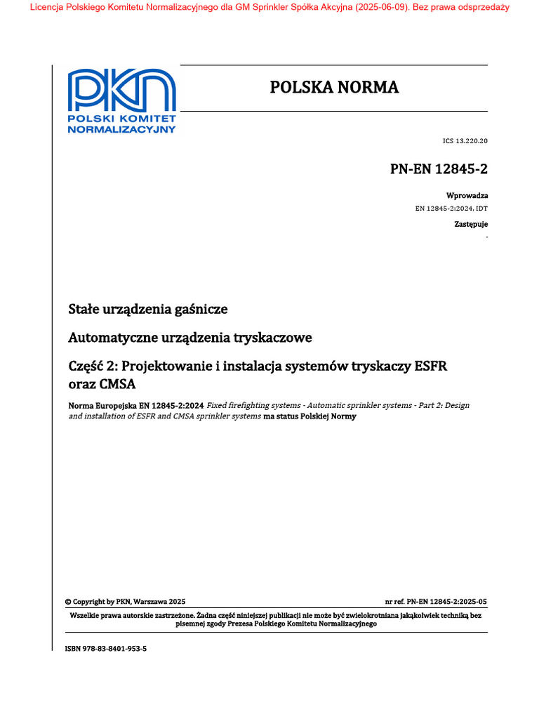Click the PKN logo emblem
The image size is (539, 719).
coord(121,91)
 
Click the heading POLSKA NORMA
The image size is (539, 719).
coord(334,87)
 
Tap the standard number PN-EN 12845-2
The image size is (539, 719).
coord(439,170)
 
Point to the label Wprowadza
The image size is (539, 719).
coord(467,195)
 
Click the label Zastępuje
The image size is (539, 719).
coord(470,224)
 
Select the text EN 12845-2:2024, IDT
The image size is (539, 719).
coord(452,209)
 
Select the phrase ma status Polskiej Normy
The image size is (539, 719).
coord(310,416)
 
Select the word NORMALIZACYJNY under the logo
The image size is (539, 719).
coord(121,129)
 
